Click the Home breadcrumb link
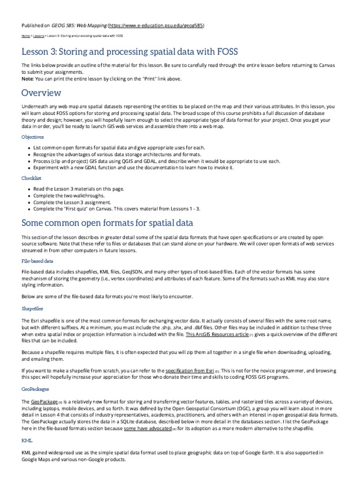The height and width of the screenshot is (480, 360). click(x=25, y=36)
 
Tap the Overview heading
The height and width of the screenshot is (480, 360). click(x=41, y=92)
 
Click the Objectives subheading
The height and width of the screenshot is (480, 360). click(x=32, y=137)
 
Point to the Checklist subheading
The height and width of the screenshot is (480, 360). click(x=31, y=178)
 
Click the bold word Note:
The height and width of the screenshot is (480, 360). click(x=28, y=78)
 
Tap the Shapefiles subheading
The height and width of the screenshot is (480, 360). click(x=32, y=309)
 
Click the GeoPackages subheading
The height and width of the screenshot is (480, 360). click(x=35, y=389)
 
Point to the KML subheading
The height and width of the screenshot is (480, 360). click(x=26, y=441)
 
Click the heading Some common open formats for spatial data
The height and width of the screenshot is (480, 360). click(x=107, y=223)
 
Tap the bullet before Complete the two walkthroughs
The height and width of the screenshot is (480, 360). click(x=30, y=195)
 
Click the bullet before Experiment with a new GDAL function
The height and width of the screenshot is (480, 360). click(x=30, y=167)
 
